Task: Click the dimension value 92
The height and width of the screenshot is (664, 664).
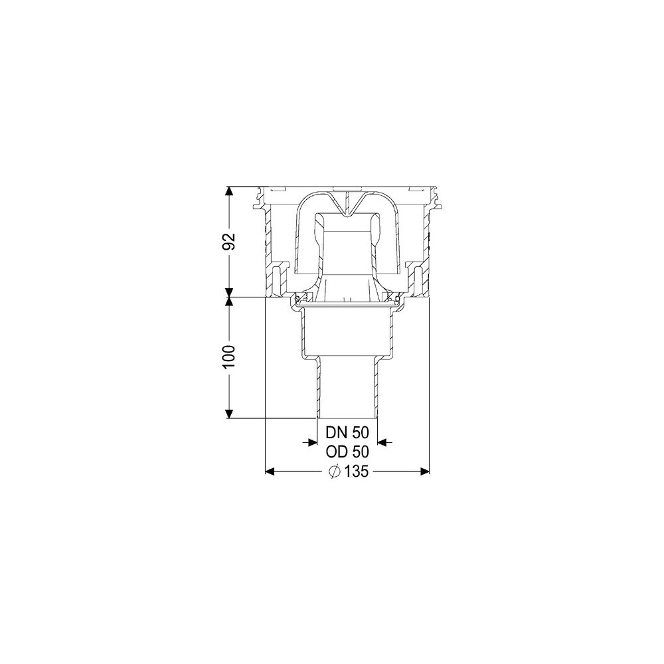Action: pos(229,242)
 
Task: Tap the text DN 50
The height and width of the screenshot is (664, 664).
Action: pos(347,433)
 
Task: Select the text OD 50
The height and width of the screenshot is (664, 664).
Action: pos(347,452)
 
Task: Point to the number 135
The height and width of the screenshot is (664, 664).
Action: pos(356,471)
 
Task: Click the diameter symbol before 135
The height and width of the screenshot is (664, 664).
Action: pos(335,471)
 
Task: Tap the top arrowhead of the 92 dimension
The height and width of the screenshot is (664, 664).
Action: pos(229,192)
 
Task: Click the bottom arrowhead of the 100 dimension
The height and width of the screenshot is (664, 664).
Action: pos(229,413)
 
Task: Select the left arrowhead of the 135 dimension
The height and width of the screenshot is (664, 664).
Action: pos(271,471)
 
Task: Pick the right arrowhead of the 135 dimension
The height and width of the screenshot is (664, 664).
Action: pos(424,471)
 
